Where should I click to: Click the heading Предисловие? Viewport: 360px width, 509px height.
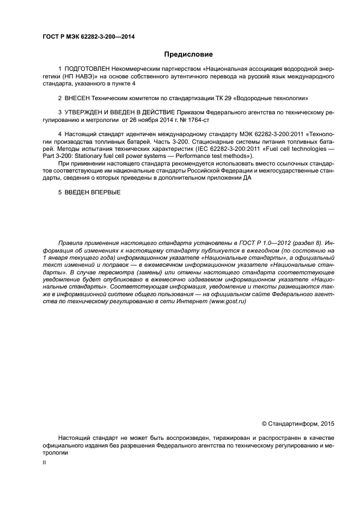188,54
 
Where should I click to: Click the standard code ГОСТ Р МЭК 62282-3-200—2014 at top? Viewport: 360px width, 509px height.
88,36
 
